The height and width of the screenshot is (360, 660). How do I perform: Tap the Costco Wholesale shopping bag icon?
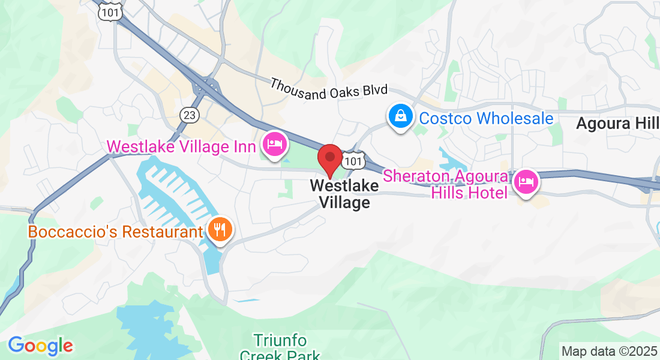click(x=399, y=116)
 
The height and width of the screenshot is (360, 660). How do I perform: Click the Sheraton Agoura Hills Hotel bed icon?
click(x=526, y=180)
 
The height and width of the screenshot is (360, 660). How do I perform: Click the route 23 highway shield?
click(x=189, y=115)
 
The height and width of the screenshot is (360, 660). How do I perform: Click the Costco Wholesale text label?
click(x=486, y=118)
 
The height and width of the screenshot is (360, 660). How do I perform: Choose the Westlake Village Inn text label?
click(x=181, y=146)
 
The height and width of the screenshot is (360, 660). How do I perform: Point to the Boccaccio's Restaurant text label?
click(x=115, y=232)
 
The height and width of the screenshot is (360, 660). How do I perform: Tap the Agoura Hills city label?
click(x=617, y=124)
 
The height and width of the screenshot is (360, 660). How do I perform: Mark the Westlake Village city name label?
click(x=344, y=194)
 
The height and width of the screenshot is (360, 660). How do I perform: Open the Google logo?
click(x=40, y=346)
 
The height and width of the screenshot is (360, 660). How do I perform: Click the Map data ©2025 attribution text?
click(x=608, y=351)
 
